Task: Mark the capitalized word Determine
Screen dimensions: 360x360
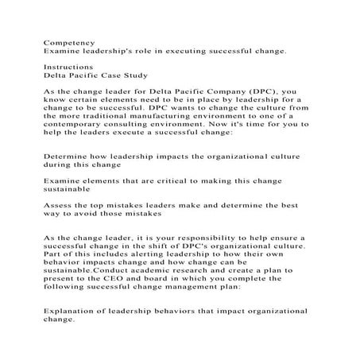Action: [x=70, y=157]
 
